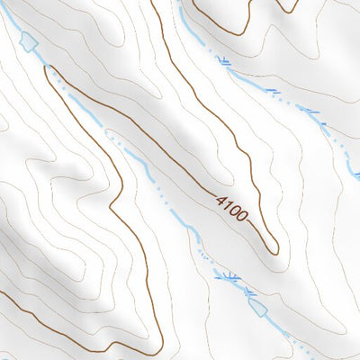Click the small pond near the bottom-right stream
pos(259,306)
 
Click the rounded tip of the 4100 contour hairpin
pos(274,249)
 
